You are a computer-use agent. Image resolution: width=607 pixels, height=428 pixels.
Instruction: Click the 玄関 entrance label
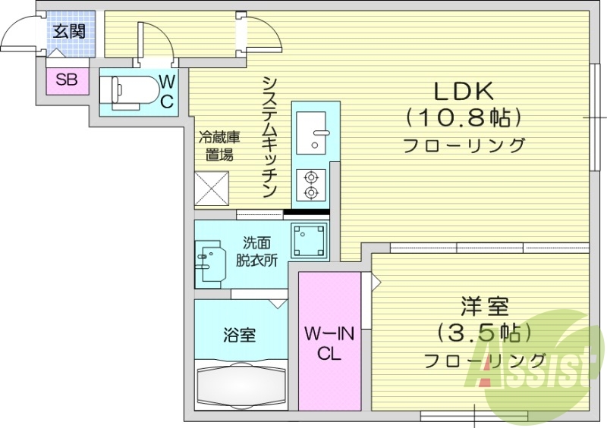tap(69, 32)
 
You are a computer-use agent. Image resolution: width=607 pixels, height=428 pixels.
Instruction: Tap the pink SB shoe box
tap(66, 81)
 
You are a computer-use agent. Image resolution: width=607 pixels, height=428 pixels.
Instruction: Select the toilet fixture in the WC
tap(135, 92)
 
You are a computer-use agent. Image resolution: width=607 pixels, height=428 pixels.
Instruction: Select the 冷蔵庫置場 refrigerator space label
tap(219, 146)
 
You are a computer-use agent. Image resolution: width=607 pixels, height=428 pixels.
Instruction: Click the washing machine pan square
tap(310, 239)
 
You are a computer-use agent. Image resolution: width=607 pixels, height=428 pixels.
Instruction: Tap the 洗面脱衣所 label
tap(256, 251)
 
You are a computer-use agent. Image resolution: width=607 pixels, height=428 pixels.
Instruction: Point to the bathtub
tap(241, 386)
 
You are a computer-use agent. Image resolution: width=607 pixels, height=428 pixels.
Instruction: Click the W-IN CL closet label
tap(329, 342)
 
